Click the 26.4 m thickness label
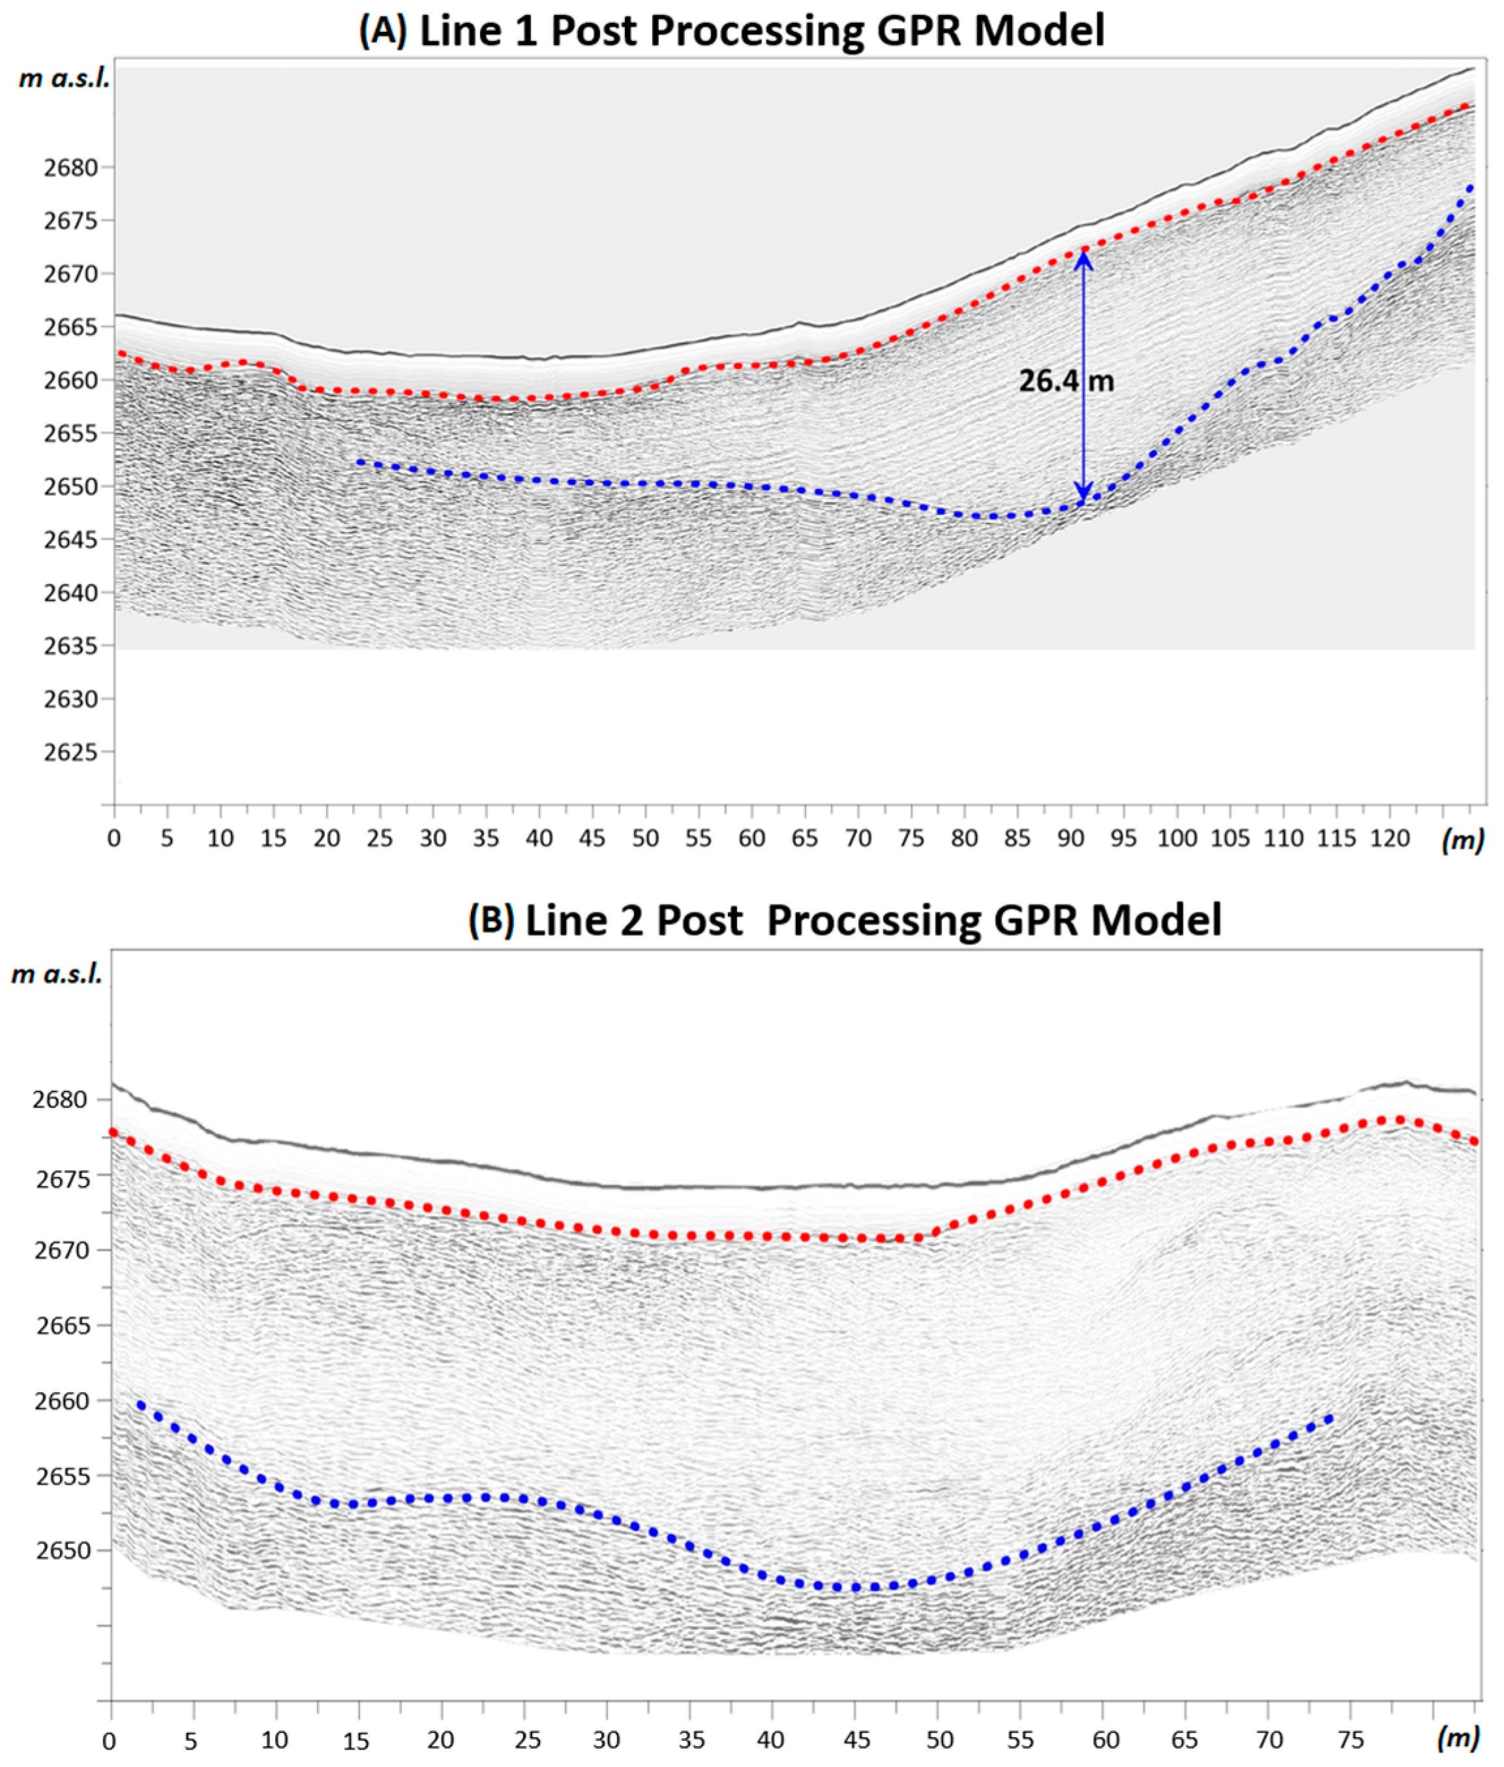click(x=1066, y=381)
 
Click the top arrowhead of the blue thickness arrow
click(x=1084, y=256)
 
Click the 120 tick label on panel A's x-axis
click(x=1390, y=839)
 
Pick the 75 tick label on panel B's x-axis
click(x=1351, y=1740)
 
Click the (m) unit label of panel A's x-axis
click(x=1462, y=840)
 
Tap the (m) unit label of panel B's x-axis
click(x=1457, y=1738)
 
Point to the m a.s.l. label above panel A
click(x=64, y=80)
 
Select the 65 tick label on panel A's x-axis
click(x=804, y=839)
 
